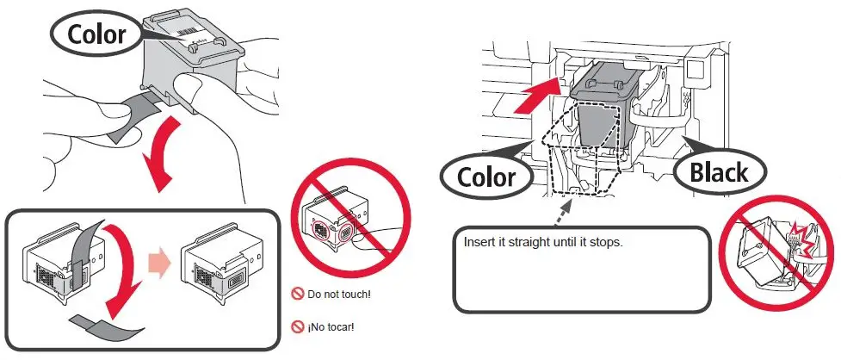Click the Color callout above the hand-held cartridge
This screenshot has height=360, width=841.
96,34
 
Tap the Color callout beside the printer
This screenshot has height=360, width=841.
487,176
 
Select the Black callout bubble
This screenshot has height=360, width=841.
719,172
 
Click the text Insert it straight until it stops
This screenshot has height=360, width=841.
543,241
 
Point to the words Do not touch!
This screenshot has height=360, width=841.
339,295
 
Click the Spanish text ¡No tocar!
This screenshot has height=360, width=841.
331,326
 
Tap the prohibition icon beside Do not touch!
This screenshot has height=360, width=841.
298,295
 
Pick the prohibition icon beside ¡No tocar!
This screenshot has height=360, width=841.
298,326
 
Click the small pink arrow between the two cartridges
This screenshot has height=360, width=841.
160,263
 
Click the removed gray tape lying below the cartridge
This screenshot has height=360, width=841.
108,324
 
